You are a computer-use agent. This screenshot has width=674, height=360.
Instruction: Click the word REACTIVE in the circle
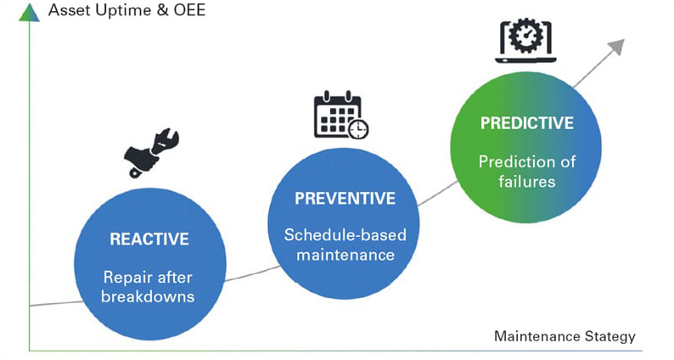click(x=149, y=239)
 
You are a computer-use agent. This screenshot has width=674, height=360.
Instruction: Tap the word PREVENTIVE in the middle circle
click(x=345, y=199)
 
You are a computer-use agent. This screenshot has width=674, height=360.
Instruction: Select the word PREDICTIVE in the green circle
click(x=527, y=123)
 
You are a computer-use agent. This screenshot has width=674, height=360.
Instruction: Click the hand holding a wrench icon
click(x=151, y=152)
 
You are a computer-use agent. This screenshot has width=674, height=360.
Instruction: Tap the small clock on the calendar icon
click(x=358, y=128)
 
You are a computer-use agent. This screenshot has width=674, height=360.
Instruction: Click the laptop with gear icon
click(x=525, y=41)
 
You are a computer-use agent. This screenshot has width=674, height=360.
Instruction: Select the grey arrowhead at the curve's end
click(x=617, y=46)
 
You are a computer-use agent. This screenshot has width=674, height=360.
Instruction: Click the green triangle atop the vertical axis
click(x=29, y=13)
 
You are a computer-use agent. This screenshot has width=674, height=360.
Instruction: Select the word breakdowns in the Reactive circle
click(x=148, y=296)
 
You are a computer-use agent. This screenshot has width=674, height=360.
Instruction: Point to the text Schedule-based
click(x=345, y=235)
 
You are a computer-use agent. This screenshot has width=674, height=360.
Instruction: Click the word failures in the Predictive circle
click(x=527, y=181)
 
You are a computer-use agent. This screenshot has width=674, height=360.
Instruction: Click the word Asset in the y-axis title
click(x=70, y=10)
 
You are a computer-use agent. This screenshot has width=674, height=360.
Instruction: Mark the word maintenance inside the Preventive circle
click(x=345, y=255)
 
